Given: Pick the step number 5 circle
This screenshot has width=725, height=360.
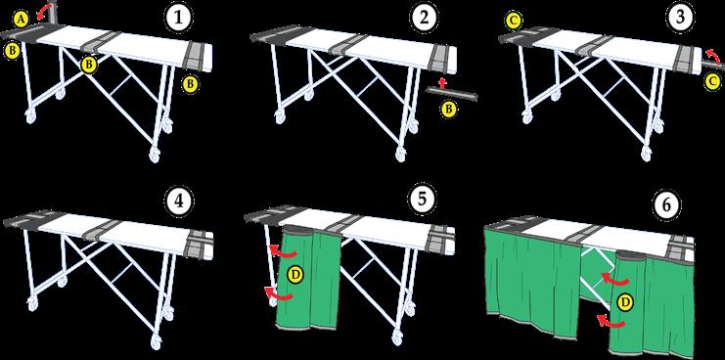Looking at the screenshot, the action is click(x=423, y=200).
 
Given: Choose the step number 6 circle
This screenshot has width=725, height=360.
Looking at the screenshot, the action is click(x=666, y=204).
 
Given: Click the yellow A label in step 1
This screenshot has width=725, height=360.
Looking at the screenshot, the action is click(x=22, y=19).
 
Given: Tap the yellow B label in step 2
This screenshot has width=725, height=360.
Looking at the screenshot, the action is click(x=447, y=110).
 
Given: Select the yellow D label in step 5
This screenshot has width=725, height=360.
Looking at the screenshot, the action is click(x=295, y=275).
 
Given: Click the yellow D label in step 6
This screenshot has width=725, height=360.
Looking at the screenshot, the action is click(x=625, y=302).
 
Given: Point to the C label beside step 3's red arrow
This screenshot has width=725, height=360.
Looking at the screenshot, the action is click(x=713, y=82).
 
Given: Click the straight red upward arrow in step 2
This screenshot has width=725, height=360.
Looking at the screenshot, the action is click(x=442, y=84).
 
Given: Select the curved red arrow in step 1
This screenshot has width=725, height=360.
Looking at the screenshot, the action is click(x=45, y=9).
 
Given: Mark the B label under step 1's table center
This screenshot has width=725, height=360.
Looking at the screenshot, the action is click(x=88, y=66).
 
